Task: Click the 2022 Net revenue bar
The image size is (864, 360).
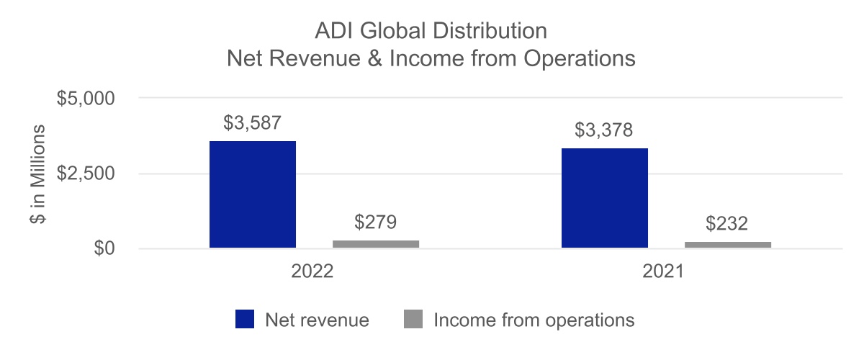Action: [252, 194]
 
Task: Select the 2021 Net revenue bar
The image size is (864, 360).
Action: [605, 198]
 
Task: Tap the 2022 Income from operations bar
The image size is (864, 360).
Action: [376, 244]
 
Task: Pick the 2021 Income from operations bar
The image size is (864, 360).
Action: [728, 245]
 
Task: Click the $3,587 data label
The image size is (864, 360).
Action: [252, 123]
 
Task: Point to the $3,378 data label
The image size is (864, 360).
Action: [605, 130]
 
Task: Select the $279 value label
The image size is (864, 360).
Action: [376, 222]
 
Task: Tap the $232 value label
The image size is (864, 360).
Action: [728, 224]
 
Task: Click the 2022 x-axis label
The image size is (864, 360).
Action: [313, 273]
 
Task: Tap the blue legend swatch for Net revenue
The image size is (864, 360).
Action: [245, 320]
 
